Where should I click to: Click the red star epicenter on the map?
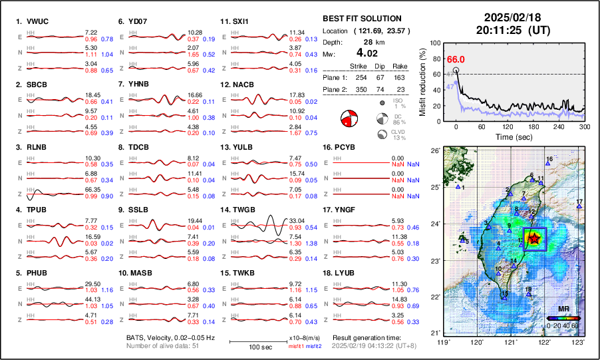click(x=533, y=238)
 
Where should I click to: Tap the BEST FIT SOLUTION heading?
click(x=362, y=19)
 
